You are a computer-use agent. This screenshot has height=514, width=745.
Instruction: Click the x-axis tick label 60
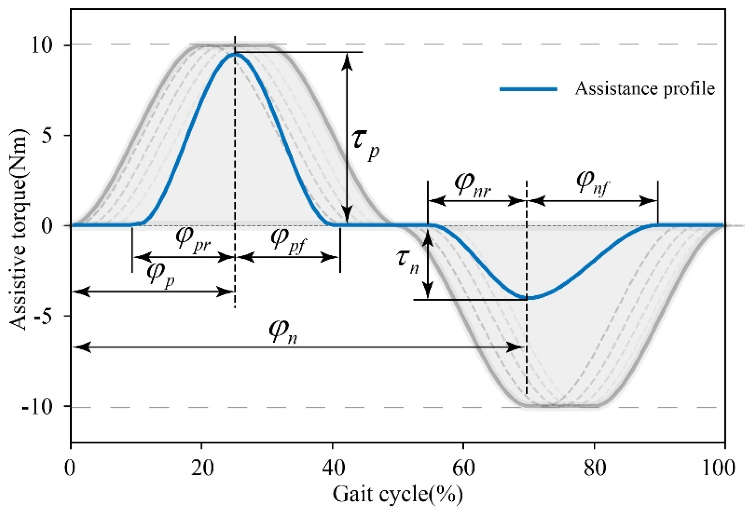(463, 468)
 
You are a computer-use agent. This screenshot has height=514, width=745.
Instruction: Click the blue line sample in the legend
(528, 89)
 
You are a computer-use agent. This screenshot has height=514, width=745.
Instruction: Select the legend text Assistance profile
(645, 89)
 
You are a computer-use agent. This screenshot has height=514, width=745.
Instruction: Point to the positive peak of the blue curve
(236, 54)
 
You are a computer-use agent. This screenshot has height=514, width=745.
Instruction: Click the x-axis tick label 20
(202, 468)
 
